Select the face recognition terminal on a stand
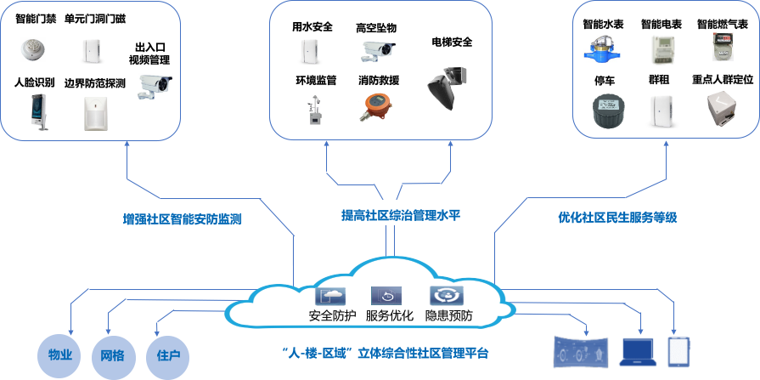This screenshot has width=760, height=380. [x=35, y=113]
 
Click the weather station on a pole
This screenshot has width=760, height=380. [x=312, y=110]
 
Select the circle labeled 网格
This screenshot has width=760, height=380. [x=112, y=354]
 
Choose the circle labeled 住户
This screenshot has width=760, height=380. [x=163, y=354]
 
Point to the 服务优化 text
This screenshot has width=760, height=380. [x=390, y=316]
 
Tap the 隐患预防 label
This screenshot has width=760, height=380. [x=449, y=316]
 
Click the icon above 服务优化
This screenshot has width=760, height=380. [x=386, y=296]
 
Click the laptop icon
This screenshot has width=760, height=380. [x=637, y=350]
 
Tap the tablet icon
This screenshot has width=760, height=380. [x=678, y=350]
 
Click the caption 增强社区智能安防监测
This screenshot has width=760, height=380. [x=183, y=218]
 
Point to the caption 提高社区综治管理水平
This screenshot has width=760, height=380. [x=393, y=215]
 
